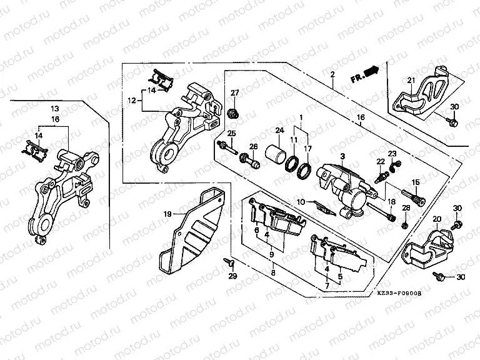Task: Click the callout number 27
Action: [235, 94]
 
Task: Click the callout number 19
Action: [167, 214]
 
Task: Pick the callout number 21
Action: [411, 79]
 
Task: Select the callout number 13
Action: [54, 109]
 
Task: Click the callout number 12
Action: [131, 100]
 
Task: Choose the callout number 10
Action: [301, 201]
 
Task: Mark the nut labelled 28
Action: [405, 223]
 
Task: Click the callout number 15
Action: [416, 181]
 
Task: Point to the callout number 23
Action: [392, 154]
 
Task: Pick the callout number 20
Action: [437, 219]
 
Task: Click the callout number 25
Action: [231, 133]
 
